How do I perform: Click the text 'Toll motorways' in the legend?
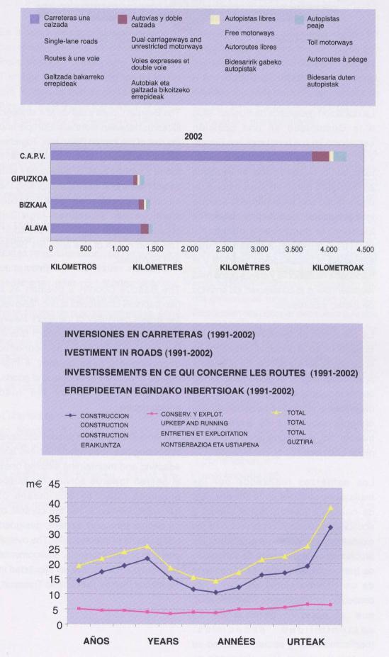[x=329, y=43]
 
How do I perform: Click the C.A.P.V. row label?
[x=34, y=155]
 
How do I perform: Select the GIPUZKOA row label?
[x=30, y=180]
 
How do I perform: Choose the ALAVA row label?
[x=35, y=228]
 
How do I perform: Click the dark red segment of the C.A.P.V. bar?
[x=320, y=156]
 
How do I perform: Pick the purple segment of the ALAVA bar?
[x=96, y=228]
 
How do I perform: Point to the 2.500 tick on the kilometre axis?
[x=225, y=249]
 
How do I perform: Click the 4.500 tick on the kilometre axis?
[x=364, y=249]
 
